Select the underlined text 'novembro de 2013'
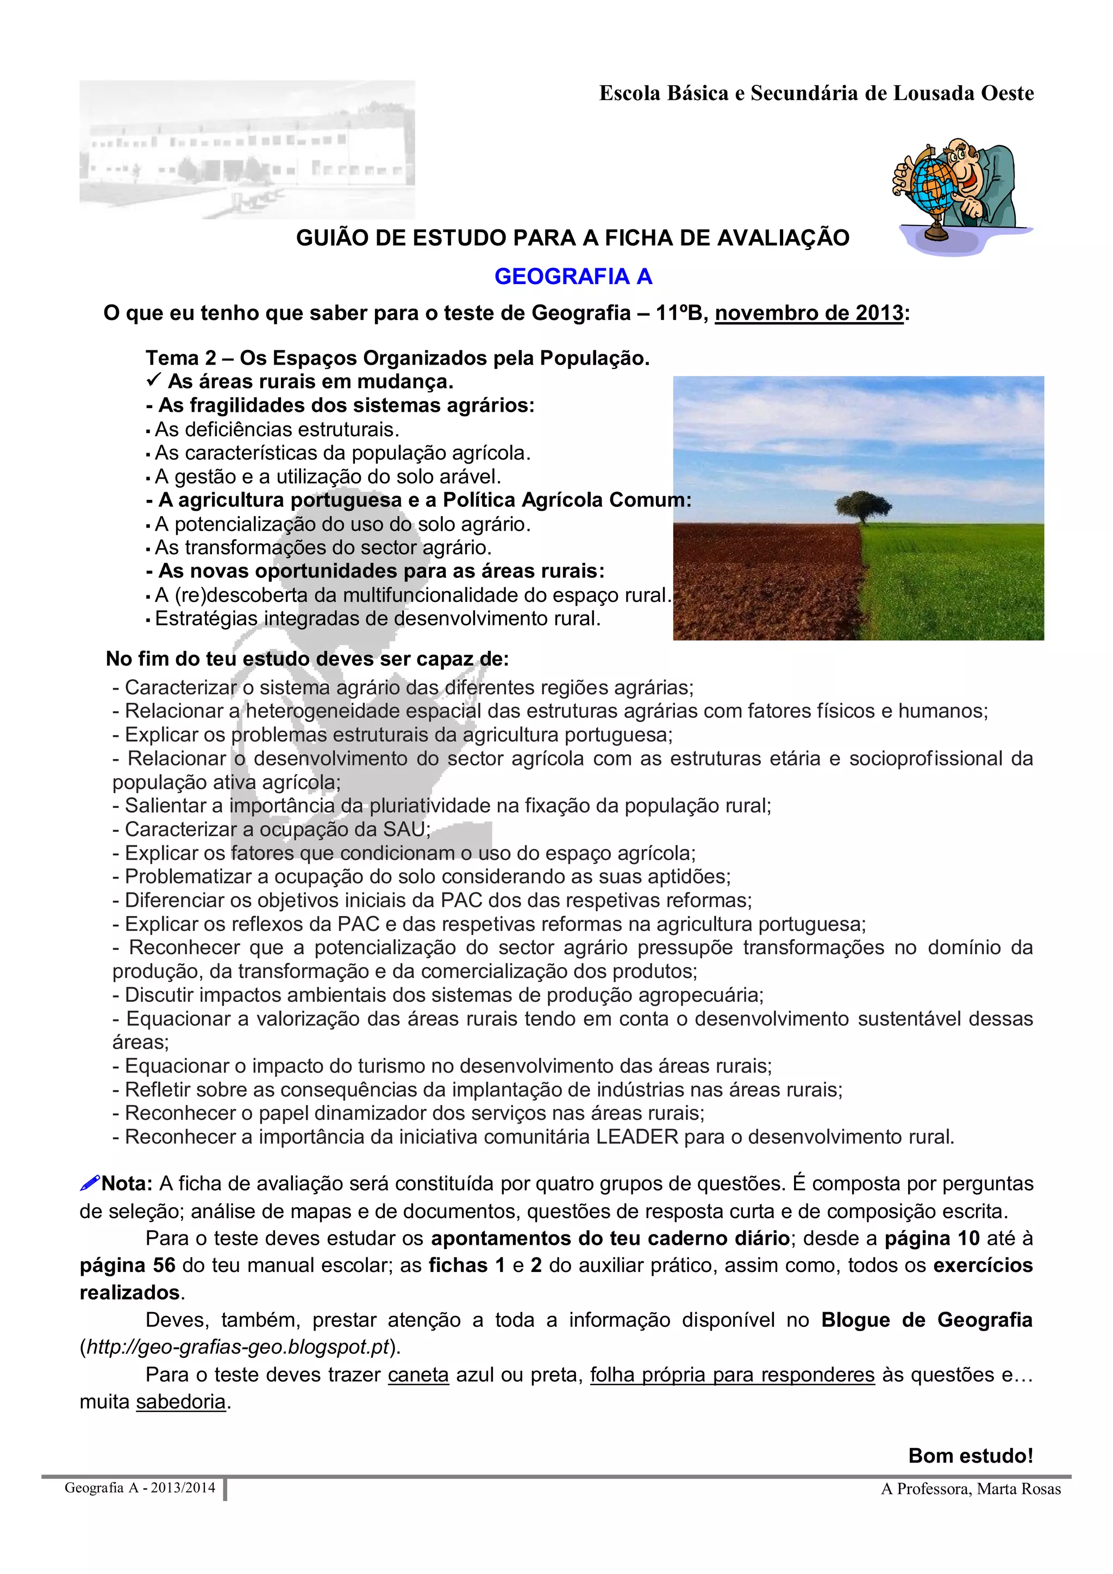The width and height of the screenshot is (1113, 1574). [x=809, y=313]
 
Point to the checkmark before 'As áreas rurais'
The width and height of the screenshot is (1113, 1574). [x=154, y=380]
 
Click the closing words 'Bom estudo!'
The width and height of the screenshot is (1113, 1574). [x=971, y=1456]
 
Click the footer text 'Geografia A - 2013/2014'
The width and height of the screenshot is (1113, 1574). [x=140, y=1488]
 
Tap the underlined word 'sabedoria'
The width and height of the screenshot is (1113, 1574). [x=181, y=1402]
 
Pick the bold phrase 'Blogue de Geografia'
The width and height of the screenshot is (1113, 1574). [x=927, y=1320]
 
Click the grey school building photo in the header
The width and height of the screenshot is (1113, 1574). [x=247, y=149]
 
